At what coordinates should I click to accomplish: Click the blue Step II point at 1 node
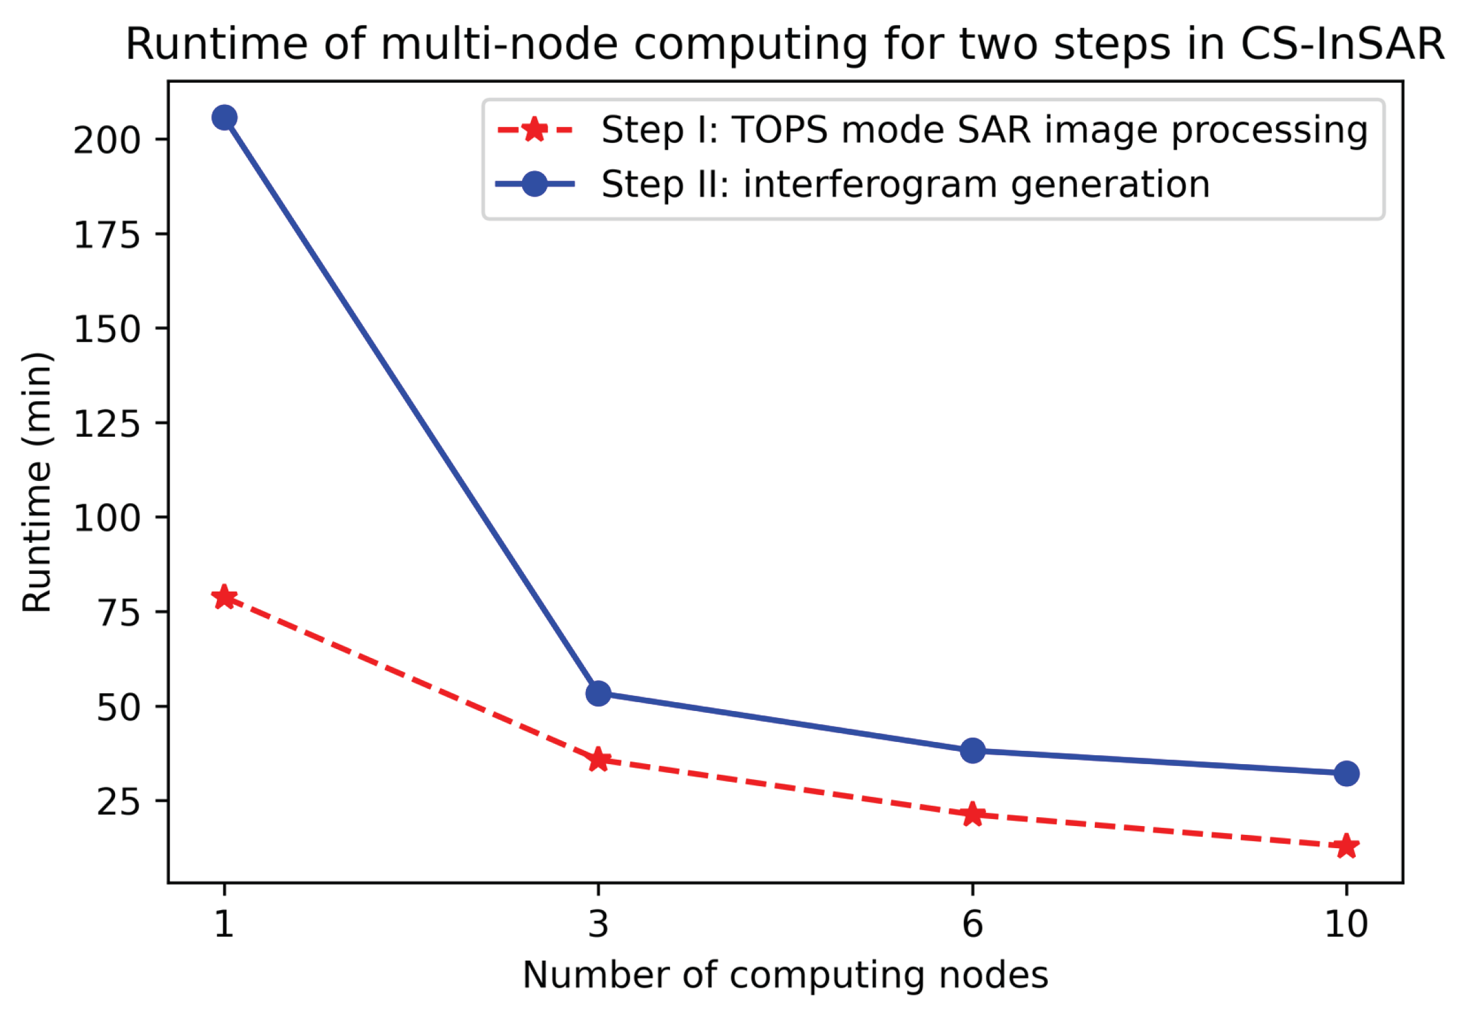[x=224, y=118]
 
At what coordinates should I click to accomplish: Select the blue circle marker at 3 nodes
[x=598, y=693]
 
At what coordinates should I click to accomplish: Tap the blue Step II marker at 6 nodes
[x=972, y=750]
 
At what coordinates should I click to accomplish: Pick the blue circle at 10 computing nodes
[x=1346, y=774]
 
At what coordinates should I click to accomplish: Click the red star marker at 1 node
[x=224, y=597]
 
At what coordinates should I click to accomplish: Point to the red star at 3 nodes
[x=598, y=759]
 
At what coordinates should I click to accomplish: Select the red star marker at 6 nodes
[x=972, y=814]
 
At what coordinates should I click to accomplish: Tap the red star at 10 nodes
[x=1346, y=846]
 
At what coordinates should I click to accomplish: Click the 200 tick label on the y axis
[x=106, y=140]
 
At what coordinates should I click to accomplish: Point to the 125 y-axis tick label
[x=106, y=423]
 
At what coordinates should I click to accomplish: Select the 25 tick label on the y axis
[x=118, y=802]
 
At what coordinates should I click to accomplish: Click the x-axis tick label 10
[x=1346, y=924]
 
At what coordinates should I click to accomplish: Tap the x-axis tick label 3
[x=598, y=924]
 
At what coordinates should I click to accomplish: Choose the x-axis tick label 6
[x=972, y=924]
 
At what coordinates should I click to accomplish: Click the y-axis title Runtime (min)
[x=37, y=482]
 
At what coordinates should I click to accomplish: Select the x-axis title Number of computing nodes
[x=785, y=975]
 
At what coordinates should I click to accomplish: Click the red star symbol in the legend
[x=535, y=130]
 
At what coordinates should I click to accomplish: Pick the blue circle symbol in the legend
[x=535, y=185]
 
